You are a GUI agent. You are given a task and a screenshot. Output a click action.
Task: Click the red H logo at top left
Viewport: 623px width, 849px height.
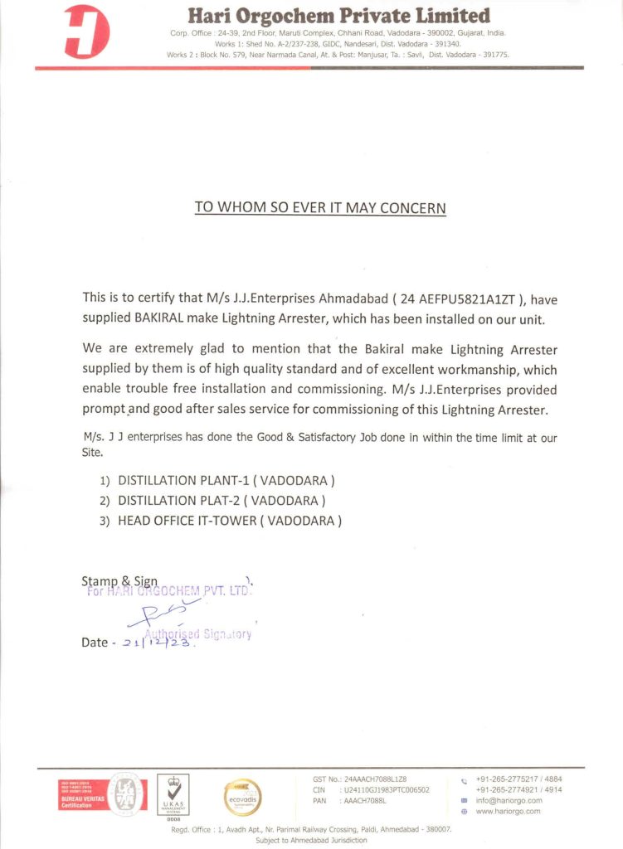pos(86,32)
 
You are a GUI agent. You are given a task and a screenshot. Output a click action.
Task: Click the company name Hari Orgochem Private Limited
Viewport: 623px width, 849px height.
pos(338,16)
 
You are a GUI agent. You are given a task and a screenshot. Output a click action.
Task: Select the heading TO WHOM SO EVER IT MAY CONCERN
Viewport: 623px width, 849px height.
pos(320,207)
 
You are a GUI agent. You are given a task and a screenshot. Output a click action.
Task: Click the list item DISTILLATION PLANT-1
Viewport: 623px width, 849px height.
pos(226,480)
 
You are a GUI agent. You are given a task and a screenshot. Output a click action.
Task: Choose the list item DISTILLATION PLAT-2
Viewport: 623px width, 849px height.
pos(221,500)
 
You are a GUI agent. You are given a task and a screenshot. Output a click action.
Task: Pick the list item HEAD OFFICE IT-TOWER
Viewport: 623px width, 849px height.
pos(230,521)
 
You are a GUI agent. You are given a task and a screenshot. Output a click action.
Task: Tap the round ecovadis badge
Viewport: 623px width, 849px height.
pos(242,798)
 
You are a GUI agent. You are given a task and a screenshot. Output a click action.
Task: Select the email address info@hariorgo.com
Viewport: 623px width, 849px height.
pos(509,800)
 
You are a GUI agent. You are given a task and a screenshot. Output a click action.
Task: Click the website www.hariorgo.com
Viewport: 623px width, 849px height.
pos(508,811)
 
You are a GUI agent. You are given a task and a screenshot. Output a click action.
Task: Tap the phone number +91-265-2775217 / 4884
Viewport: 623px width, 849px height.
pos(518,779)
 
